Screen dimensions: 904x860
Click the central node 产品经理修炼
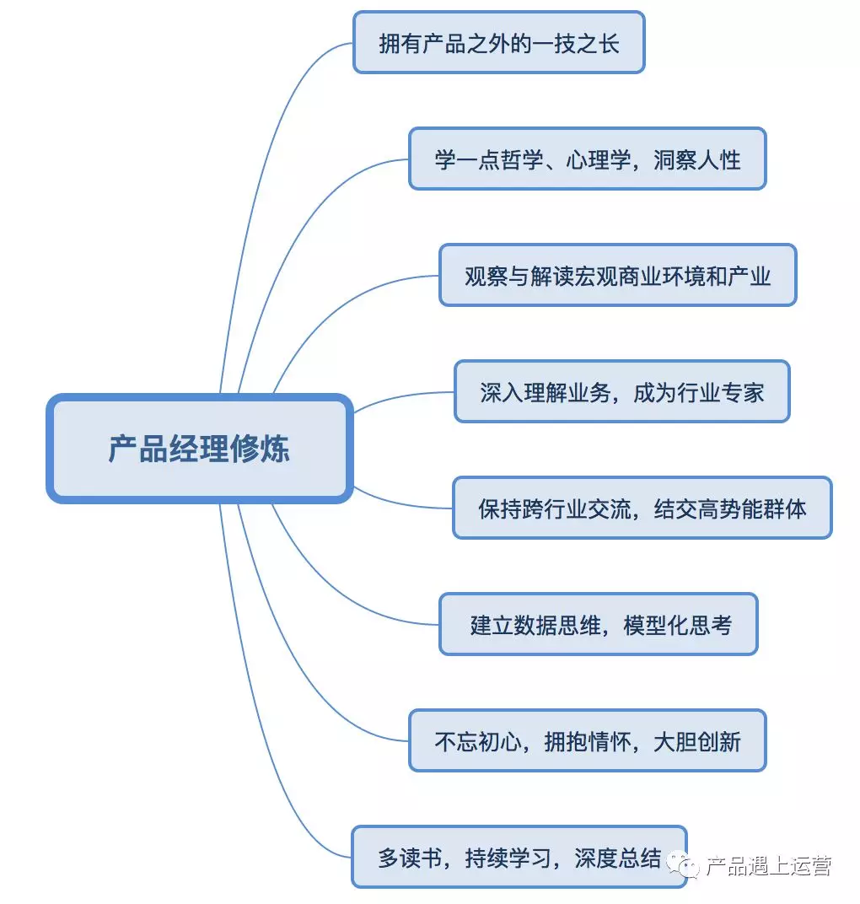(198, 449)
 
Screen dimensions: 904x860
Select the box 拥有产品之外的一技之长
(498, 43)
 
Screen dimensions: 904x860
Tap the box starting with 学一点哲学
(587, 159)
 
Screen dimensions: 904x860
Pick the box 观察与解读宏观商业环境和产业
(617, 276)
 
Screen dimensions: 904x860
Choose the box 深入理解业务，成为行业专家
(621, 392)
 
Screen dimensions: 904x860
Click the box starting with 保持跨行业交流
(642, 508)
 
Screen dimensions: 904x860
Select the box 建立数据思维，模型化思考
(598, 625)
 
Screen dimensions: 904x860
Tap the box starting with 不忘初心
(587, 741)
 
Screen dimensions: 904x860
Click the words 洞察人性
(697, 159)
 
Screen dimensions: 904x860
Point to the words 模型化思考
(678, 625)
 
